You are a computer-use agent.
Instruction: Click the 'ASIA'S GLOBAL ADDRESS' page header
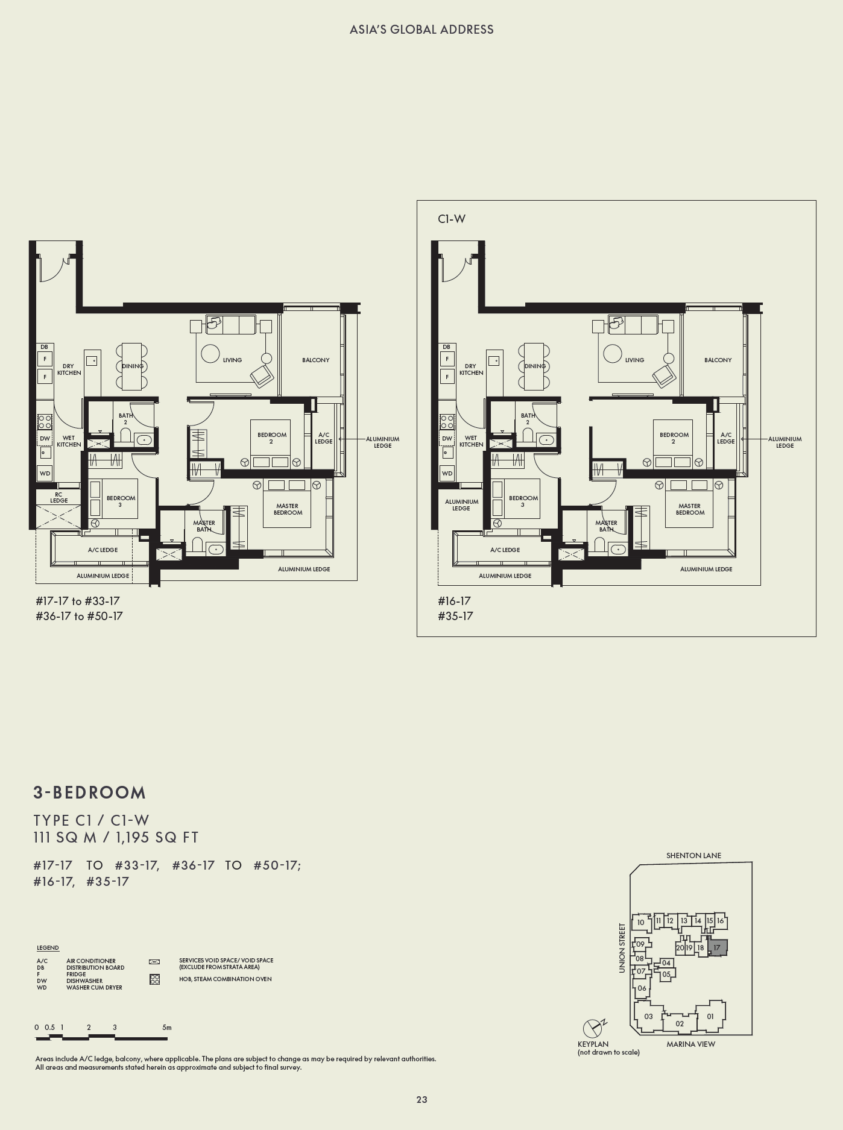coord(421,30)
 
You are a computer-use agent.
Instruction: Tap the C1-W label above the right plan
coord(452,219)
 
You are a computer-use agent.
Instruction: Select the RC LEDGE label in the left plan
coord(58,497)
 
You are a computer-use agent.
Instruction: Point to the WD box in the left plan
coord(45,473)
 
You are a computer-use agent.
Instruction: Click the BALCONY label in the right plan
coord(718,360)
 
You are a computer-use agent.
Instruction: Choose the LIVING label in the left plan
coord(232,360)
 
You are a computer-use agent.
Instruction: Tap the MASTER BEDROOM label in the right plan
coord(690,509)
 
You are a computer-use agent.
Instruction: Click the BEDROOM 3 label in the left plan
coord(121,501)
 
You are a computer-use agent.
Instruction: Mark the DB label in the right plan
coord(446,347)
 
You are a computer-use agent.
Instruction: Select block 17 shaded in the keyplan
coord(717,947)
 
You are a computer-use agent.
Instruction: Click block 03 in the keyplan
coord(648,1016)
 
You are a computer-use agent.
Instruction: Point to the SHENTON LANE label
coord(693,855)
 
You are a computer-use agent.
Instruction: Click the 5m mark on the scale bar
coord(167,1028)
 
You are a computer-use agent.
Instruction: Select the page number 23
coord(421,1099)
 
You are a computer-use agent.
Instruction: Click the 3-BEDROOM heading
coord(90,793)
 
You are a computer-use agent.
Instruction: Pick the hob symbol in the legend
coord(154,979)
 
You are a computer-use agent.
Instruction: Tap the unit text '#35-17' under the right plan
coord(455,616)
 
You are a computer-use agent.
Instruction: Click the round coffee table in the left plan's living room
coord(210,354)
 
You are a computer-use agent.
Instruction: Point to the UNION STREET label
coord(622,947)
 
